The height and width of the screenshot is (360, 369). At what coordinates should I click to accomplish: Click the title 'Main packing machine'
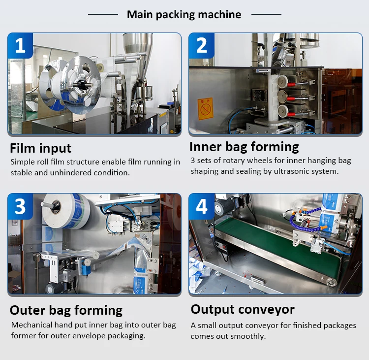[184, 14]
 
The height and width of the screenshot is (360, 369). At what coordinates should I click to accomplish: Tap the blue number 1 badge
[20, 45]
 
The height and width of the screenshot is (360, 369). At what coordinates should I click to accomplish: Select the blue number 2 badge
[202, 45]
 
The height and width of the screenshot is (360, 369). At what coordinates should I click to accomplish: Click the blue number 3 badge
[20, 206]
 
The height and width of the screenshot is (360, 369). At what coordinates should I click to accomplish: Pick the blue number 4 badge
[202, 206]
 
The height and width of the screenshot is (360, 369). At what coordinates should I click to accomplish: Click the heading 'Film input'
[41, 148]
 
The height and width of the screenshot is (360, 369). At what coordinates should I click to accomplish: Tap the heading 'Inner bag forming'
[244, 147]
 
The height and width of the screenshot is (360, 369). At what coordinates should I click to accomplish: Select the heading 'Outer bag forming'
[66, 310]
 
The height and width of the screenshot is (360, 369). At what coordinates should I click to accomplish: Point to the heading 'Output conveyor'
[243, 309]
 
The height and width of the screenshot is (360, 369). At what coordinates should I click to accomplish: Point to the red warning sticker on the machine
[205, 107]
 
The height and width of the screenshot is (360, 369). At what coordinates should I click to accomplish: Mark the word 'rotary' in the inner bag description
[230, 161]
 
